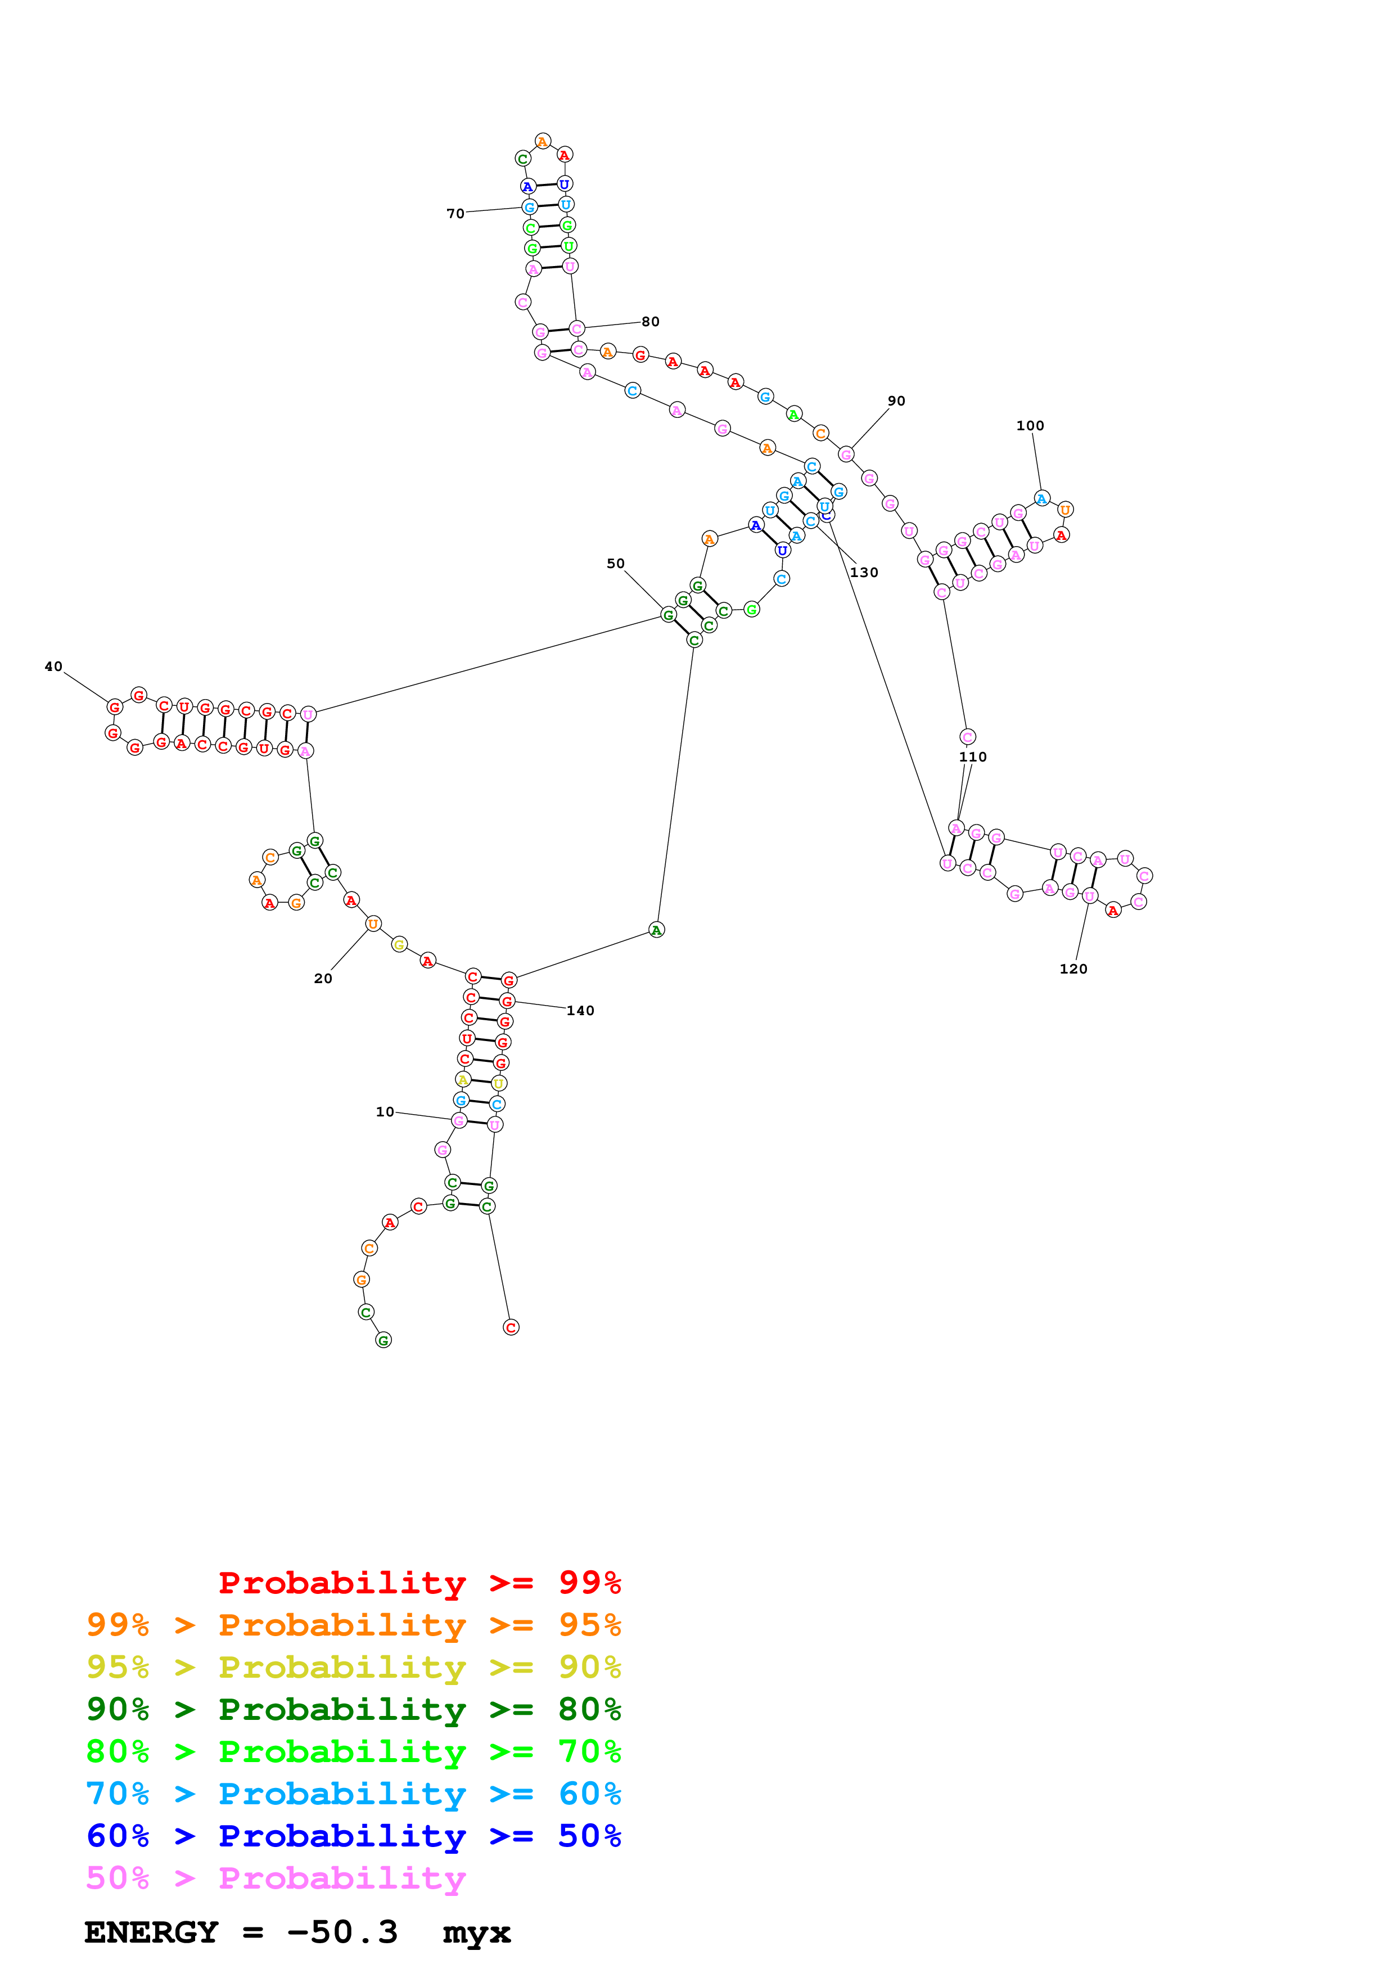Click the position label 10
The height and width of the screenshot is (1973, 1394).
tap(385, 1112)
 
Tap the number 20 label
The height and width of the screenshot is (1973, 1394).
tap(323, 978)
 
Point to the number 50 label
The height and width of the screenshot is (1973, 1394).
tap(616, 564)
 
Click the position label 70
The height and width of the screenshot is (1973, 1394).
tap(455, 213)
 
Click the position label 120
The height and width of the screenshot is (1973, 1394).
tap(1073, 969)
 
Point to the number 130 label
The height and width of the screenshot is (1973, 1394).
tap(864, 573)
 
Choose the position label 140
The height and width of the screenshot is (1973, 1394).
tap(580, 1011)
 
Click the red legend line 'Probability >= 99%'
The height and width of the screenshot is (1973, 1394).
tap(419, 1583)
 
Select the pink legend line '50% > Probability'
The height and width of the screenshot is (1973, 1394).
tap(276, 1879)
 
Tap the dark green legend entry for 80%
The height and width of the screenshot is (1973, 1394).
tap(353, 1709)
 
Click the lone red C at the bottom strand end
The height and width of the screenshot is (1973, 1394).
tap(511, 1328)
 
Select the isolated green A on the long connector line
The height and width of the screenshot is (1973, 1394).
tap(656, 930)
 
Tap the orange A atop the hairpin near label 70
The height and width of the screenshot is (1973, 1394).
tap(543, 141)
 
